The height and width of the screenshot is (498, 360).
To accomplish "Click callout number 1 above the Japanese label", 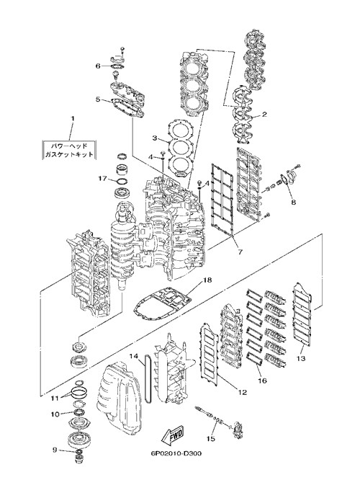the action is coord(72,118).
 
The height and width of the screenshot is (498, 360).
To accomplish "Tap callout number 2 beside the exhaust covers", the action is coord(264,115).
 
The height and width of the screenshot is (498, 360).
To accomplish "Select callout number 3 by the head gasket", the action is coord(155,138).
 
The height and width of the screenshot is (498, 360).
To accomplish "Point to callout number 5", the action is coord(98,99).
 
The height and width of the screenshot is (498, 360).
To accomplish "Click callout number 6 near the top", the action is coord(98,66).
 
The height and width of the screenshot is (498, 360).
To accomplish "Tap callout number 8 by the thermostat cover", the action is coord(293,202).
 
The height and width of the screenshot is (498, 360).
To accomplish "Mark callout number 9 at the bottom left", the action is coord(55,450).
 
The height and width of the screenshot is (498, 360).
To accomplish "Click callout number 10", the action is coord(55,414).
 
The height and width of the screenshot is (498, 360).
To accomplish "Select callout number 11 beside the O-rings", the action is coord(55,398).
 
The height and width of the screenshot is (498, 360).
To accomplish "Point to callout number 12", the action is coord(243,393).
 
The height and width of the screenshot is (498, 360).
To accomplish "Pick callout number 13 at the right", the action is coord(301,359).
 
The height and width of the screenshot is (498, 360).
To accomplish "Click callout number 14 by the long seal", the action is coord(133,356).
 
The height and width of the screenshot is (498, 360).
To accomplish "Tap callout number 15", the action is coord(211,439).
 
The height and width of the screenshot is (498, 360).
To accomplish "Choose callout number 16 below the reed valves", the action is coord(262,381).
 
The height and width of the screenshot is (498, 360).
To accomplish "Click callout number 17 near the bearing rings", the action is coord(102,179).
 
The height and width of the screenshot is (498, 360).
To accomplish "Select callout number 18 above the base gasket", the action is coord(207,280).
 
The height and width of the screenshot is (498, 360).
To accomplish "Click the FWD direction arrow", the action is coord(172,435).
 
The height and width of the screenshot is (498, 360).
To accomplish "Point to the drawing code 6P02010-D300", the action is coord(176,453).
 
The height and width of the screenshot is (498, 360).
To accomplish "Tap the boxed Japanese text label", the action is coord(69,150).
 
